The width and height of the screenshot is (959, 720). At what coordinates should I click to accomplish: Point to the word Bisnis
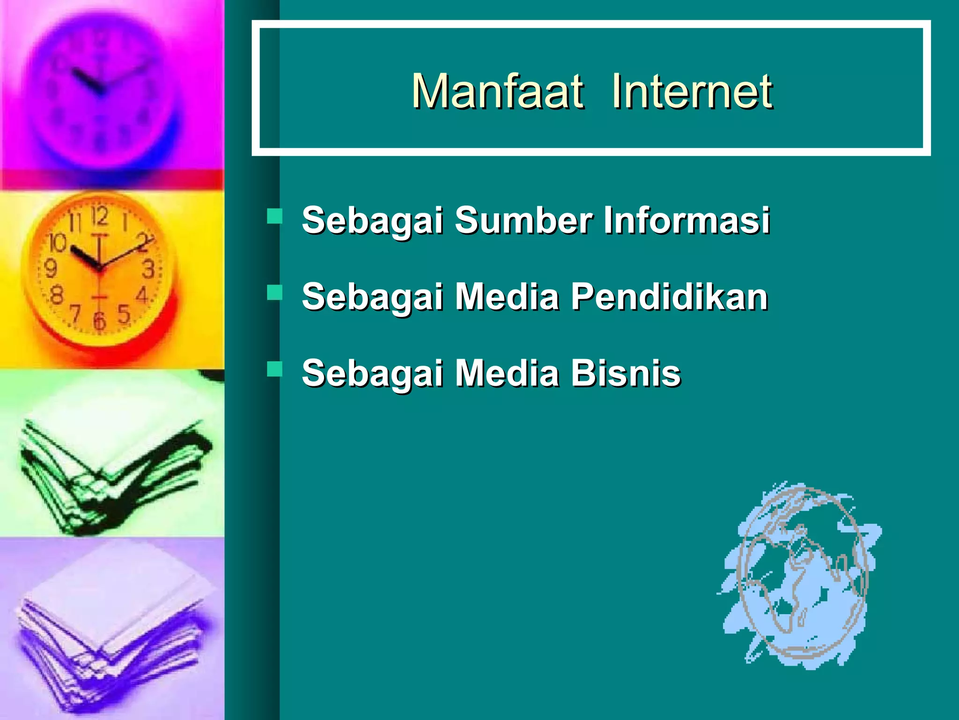626,373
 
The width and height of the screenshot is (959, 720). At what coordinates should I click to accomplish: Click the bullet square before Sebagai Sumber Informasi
274,216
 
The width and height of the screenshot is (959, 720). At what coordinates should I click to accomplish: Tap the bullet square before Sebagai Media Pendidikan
274,293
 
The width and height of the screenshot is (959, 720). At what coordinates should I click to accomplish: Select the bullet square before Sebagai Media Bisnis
274,369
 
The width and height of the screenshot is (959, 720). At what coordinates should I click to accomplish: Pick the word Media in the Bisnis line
508,373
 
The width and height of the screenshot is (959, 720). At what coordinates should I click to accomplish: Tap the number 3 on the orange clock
148,270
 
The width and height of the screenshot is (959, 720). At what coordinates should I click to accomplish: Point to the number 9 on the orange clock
50,269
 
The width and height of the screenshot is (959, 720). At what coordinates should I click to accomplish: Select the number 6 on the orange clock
99,322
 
